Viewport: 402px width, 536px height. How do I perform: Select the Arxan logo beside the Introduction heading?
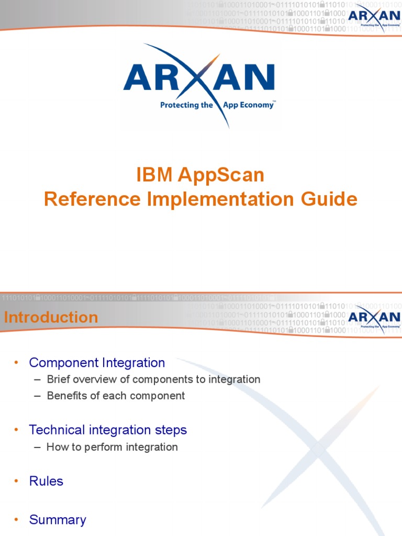(x=374, y=318)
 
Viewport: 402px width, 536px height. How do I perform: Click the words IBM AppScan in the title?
(x=200, y=175)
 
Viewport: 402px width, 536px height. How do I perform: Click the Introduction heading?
(x=51, y=317)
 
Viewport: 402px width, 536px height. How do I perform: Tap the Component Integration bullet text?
(x=97, y=362)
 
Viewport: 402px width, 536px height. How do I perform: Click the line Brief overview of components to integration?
(x=153, y=379)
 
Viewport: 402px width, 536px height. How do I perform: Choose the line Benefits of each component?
(x=116, y=396)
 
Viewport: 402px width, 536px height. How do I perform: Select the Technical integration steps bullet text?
(x=108, y=430)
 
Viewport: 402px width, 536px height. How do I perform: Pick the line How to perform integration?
(x=112, y=447)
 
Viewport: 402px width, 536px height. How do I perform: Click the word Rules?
(x=46, y=481)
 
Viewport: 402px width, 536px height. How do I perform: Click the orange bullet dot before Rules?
(x=16, y=481)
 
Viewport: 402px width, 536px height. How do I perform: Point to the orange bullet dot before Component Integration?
(x=16, y=362)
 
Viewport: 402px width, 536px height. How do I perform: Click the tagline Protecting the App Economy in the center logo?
(x=217, y=105)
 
